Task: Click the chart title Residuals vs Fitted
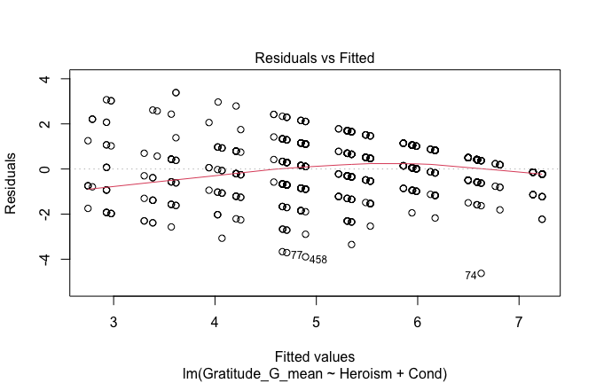[315, 58]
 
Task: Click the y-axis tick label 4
[43, 79]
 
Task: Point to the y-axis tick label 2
[43, 123]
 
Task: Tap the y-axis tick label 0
[43, 168]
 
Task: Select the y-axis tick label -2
[41, 214]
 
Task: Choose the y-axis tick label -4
[41, 259]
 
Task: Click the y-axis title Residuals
[12, 183]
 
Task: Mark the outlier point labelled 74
[481, 274]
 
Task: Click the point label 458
[318, 260]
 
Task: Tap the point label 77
[296, 255]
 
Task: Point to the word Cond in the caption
[419, 370]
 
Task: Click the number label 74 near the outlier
[470, 276]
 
